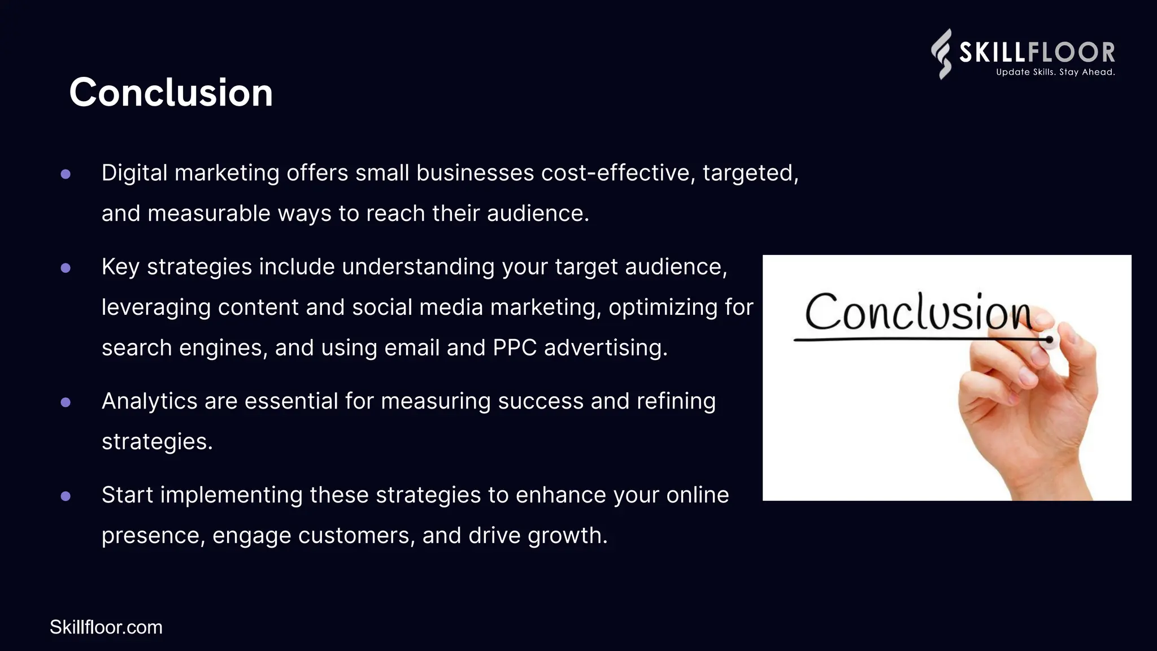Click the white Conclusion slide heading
[171, 93]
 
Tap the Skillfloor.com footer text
[106, 627]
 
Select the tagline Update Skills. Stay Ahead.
[1055, 72]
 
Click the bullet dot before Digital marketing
[66, 174]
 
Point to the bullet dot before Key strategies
[66, 268]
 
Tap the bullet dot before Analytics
[66, 402]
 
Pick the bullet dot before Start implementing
[66, 496]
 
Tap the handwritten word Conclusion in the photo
[918, 312]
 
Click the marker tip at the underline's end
[1050, 340]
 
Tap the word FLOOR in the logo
[1071, 53]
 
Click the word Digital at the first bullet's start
[134, 173]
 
